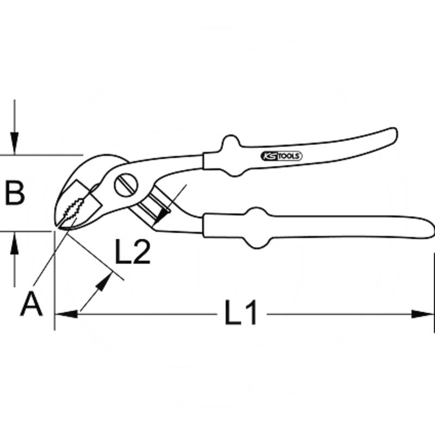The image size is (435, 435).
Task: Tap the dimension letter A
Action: [x=31, y=303]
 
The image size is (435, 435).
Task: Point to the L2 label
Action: [x=133, y=252]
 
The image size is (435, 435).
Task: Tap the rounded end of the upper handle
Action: [x=393, y=136]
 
